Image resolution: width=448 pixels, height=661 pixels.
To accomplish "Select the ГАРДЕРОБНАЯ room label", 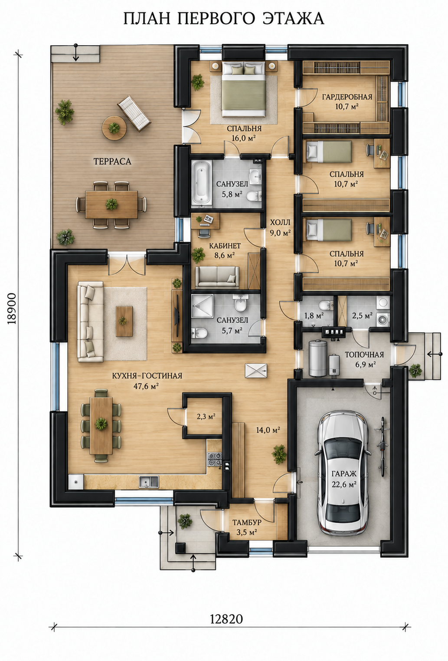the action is pos(347,97).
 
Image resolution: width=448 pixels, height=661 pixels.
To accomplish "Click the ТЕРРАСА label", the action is pos(112,161).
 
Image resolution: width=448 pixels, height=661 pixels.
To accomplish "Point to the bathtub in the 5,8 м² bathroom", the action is pos(202,182).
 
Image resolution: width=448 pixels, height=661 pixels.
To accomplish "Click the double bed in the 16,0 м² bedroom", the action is pos(244,89).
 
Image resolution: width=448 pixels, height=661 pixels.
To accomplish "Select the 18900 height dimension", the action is pos(12,309).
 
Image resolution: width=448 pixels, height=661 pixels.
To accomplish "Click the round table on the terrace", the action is pos(114,128).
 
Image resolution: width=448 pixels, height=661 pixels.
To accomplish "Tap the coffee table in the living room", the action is pos(124,321).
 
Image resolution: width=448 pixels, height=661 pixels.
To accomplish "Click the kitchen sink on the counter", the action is pos(149,482).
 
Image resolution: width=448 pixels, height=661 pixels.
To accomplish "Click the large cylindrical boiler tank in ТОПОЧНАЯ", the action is pos(317,358).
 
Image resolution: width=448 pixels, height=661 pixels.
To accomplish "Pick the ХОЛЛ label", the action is pos(280,222).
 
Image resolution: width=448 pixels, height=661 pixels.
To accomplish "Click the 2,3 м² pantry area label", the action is pos(206,416).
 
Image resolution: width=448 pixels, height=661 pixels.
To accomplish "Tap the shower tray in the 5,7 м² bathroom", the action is pos(203,306).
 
